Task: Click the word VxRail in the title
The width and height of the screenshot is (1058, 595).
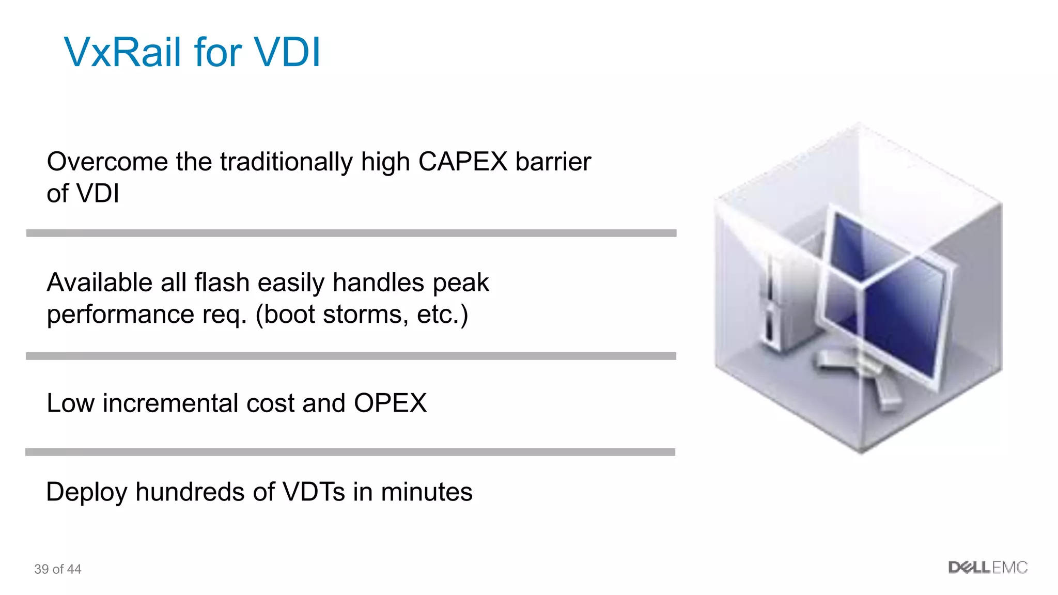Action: (x=125, y=52)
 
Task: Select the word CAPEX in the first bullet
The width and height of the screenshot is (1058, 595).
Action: (x=462, y=162)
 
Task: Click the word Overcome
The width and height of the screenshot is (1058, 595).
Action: (x=107, y=162)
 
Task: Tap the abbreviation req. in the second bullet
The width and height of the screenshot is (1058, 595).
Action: (x=225, y=315)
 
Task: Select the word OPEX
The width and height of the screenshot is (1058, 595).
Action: (x=390, y=403)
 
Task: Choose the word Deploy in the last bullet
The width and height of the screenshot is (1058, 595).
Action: (x=86, y=492)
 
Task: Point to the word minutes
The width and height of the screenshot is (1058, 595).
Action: (x=426, y=492)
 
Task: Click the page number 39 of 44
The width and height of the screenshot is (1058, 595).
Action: (x=58, y=569)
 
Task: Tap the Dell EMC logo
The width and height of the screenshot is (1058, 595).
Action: (x=987, y=568)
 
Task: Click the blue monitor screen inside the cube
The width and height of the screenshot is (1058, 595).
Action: (x=889, y=300)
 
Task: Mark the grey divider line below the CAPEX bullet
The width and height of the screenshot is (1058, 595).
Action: (x=351, y=233)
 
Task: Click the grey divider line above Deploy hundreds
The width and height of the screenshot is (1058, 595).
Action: (x=350, y=452)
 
